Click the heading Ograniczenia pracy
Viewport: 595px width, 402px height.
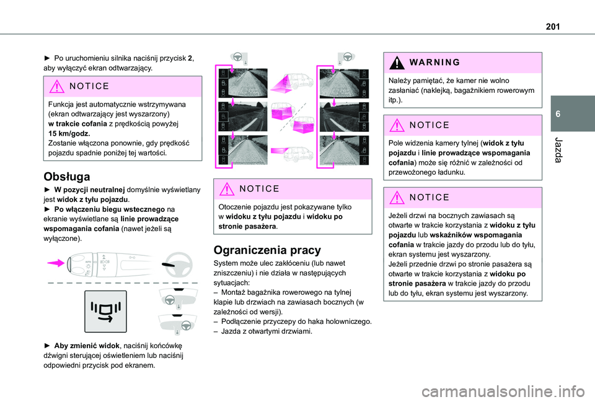[x=258, y=250]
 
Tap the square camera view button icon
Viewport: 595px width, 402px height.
[x=106, y=312]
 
